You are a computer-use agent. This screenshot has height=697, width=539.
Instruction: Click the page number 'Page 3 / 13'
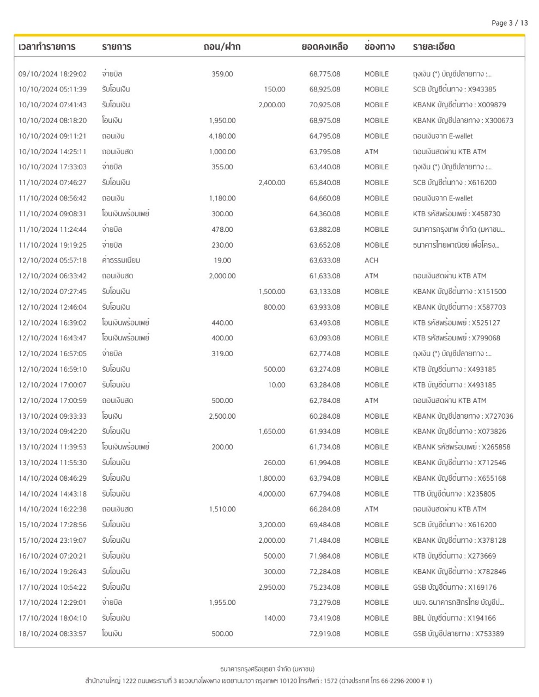tap(510, 23)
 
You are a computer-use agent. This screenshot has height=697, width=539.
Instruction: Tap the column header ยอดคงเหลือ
tap(325, 47)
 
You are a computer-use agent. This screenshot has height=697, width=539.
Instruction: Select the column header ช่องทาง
tap(379, 47)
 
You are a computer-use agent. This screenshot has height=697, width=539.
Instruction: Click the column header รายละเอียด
tap(434, 47)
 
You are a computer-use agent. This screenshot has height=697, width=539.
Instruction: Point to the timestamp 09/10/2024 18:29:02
tap(52, 74)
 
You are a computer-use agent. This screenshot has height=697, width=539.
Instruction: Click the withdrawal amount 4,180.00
tap(222, 136)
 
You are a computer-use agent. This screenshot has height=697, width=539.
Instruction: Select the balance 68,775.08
tap(325, 74)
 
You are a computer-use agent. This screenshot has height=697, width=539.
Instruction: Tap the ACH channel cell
tap(371, 261)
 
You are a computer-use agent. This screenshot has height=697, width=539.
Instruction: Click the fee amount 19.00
tap(222, 261)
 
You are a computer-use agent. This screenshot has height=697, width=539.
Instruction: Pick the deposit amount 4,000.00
tap(272, 494)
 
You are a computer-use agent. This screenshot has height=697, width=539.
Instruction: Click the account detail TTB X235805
tap(454, 494)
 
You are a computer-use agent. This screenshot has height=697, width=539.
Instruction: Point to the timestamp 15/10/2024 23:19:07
tap(52, 541)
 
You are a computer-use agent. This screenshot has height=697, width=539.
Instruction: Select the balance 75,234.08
tap(325, 588)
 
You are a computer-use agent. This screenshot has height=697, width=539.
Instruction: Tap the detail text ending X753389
tap(458, 634)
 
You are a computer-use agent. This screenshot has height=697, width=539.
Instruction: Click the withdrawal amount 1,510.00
tap(222, 510)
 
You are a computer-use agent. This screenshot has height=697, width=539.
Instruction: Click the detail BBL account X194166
tap(454, 619)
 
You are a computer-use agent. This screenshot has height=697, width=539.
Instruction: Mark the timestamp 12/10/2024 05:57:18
tap(52, 261)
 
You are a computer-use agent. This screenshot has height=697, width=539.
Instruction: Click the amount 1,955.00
tap(222, 603)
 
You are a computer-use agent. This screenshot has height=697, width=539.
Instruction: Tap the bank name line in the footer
tap(267, 669)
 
